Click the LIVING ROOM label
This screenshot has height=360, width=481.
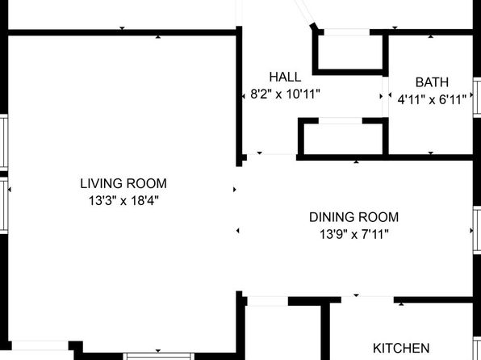[x=123, y=183]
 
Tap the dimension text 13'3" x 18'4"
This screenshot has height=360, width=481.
[x=123, y=201]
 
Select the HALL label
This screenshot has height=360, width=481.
[x=285, y=77]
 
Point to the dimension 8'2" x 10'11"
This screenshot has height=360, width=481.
[x=285, y=94]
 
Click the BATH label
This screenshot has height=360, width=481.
[x=432, y=82]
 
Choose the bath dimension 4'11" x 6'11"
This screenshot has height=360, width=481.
[x=432, y=99]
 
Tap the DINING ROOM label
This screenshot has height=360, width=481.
[x=353, y=217]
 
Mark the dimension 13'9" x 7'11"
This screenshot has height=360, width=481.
[x=354, y=235]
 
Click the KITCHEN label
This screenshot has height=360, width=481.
[x=401, y=349]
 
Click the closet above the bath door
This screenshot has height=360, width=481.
[x=350, y=52]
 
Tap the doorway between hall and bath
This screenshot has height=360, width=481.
[x=385, y=96]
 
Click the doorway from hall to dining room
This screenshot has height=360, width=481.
[x=271, y=157]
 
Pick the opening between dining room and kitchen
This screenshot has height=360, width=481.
[x=367, y=299]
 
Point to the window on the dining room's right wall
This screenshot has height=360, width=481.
[x=477, y=230]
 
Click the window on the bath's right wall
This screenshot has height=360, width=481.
[x=477, y=98]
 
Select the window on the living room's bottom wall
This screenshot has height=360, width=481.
[x=159, y=356]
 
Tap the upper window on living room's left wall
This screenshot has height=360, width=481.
[x=4, y=143]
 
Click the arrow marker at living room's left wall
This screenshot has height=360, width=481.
[x=10, y=190]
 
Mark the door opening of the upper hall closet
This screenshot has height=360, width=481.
[x=347, y=32]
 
